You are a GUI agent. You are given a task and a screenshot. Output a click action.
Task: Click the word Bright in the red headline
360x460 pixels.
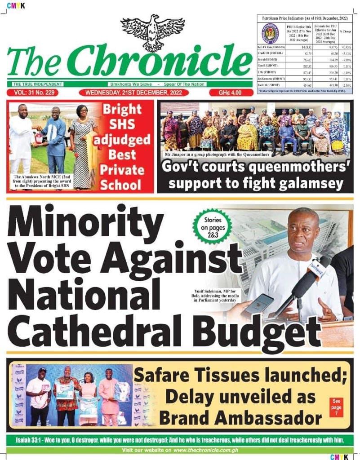pos(122,109)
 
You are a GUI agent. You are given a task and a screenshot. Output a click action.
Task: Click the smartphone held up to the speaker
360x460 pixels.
pos(258,305)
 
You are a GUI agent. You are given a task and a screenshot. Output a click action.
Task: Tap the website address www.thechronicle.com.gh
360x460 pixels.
pos(205,450)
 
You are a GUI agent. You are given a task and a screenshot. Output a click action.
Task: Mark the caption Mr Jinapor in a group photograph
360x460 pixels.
pos(217,154)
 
